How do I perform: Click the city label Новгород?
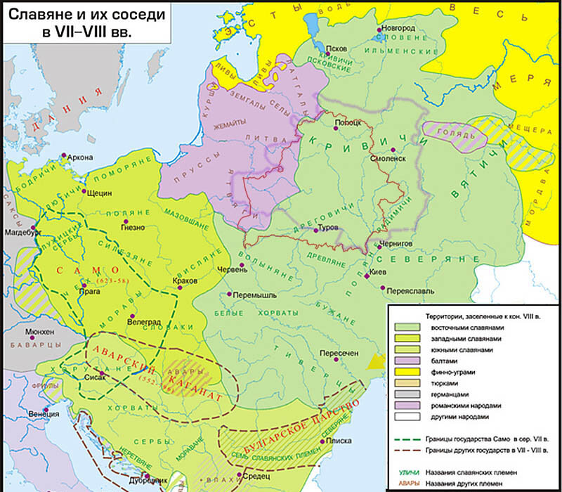tap(400, 27)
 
